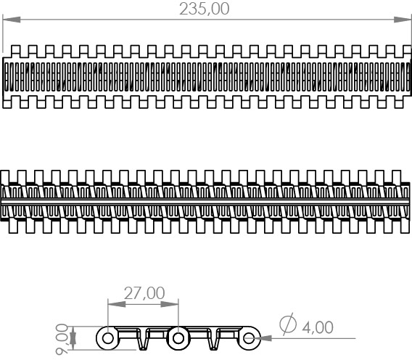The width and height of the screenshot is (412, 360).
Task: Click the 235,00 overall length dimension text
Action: click(x=205, y=9)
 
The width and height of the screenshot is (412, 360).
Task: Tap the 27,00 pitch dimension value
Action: click(x=144, y=293)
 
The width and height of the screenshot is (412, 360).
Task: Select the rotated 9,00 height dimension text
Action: click(x=62, y=339)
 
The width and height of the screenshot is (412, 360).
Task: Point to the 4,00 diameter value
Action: click(x=318, y=327)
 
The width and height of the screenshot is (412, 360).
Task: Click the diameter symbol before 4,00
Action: click(x=288, y=324)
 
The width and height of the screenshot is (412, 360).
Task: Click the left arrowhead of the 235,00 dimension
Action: click(x=12, y=20)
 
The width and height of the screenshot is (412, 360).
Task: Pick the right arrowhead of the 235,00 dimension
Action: click(x=403, y=20)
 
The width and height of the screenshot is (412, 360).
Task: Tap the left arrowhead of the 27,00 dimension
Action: click(x=117, y=304)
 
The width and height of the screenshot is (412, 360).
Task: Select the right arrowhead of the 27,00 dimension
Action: click(x=170, y=304)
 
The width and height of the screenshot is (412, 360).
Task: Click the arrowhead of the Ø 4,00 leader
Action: click(x=263, y=338)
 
